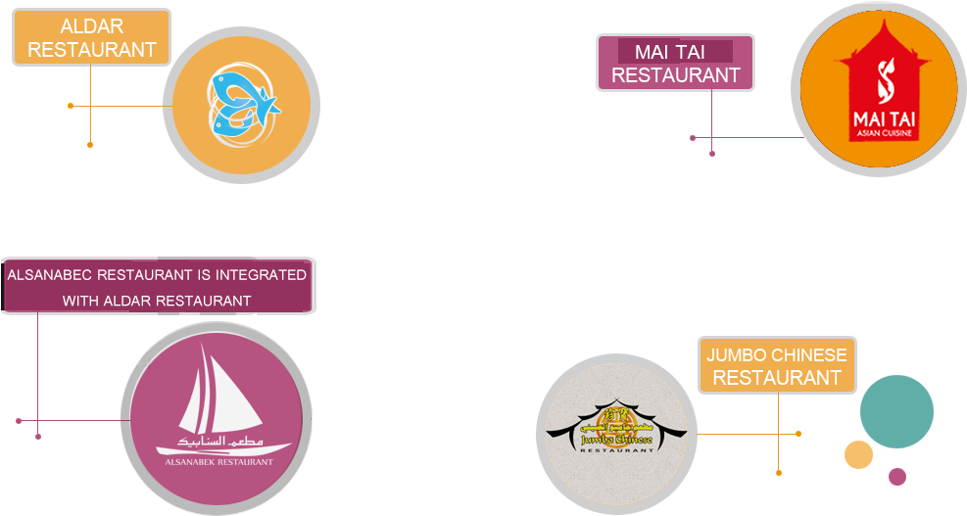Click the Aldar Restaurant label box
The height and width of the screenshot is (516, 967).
[91, 37]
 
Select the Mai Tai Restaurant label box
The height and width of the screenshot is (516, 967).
[675, 63]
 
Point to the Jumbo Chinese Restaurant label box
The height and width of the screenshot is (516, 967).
[776, 365]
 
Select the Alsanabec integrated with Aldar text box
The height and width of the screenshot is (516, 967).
[157, 287]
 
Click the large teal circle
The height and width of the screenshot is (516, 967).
[896, 411]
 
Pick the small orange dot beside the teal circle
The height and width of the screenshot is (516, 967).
[858, 454]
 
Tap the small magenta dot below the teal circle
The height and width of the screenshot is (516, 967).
[896, 477]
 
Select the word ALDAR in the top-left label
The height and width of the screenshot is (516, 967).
[91, 26]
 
